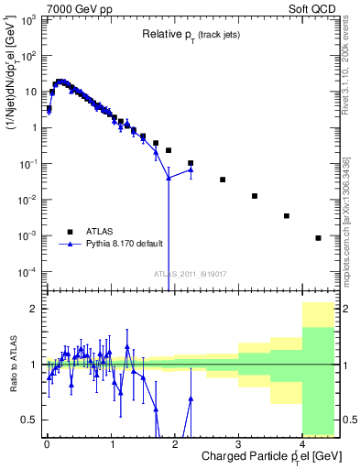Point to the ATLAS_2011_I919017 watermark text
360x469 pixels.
pyautogui.click(x=191, y=273)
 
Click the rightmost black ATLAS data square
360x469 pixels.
pyautogui.click(x=318, y=238)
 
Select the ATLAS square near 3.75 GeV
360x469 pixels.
pyautogui.click(x=287, y=216)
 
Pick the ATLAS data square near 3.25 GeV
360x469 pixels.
pyautogui.click(x=255, y=196)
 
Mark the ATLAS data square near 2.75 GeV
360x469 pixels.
pyautogui.click(x=223, y=180)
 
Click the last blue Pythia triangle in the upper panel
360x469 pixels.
pyautogui.click(x=191, y=169)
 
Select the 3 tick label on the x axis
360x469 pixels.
pyautogui.click(x=238, y=443)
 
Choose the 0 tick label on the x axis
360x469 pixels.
pyautogui.click(x=47, y=443)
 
